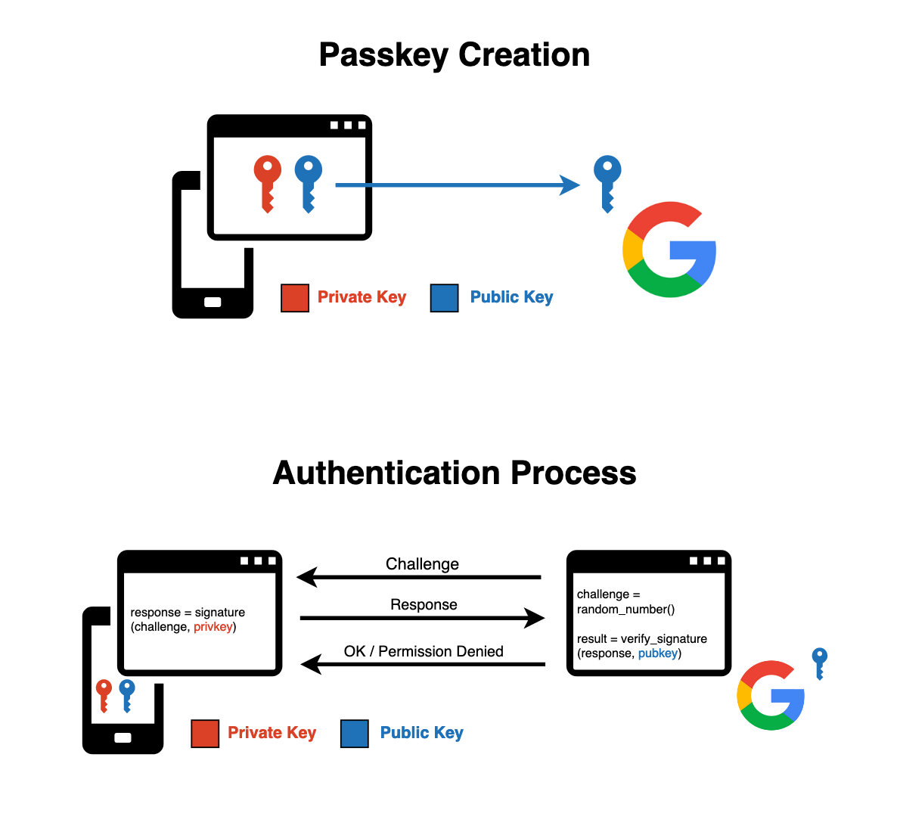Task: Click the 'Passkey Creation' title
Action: pyautogui.click(x=454, y=55)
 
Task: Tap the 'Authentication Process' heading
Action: pyautogui.click(x=454, y=473)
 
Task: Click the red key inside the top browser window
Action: pyautogui.click(x=267, y=182)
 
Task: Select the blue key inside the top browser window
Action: pyautogui.click(x=308, y=182)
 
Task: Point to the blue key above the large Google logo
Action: pyautogui.click(x=607, y=182)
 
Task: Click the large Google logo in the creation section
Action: pyautogui.click(x=669, y=250)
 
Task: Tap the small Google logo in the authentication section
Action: pyautogui.click(x=771, y=695)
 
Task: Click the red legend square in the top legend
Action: pyautogui.click(x=294, y=298)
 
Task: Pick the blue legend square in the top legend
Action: pyautogui.click(x=444, y=298)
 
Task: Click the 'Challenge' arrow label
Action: pyautogui.click(x=422, y=564)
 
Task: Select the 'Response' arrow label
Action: pyautogui.click(x=424, y=605)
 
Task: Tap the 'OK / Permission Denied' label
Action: pyautogui.click(x=424, y=652)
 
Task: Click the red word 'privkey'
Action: pyautogui.click(x=213, y=627)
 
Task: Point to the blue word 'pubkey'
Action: pyautogui.click(x=657, y=653)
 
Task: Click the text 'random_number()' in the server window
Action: pyautogui.click(x=625, y=610)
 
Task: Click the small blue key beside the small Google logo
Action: pyautogui.click(x=819, y=663)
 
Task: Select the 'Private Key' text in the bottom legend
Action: pyautogui.click(x=272, y=733)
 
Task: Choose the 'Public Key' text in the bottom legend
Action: pyautogui.click(x=421, y=733)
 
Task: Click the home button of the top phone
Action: pyautogui.click(x=213, y=303)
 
